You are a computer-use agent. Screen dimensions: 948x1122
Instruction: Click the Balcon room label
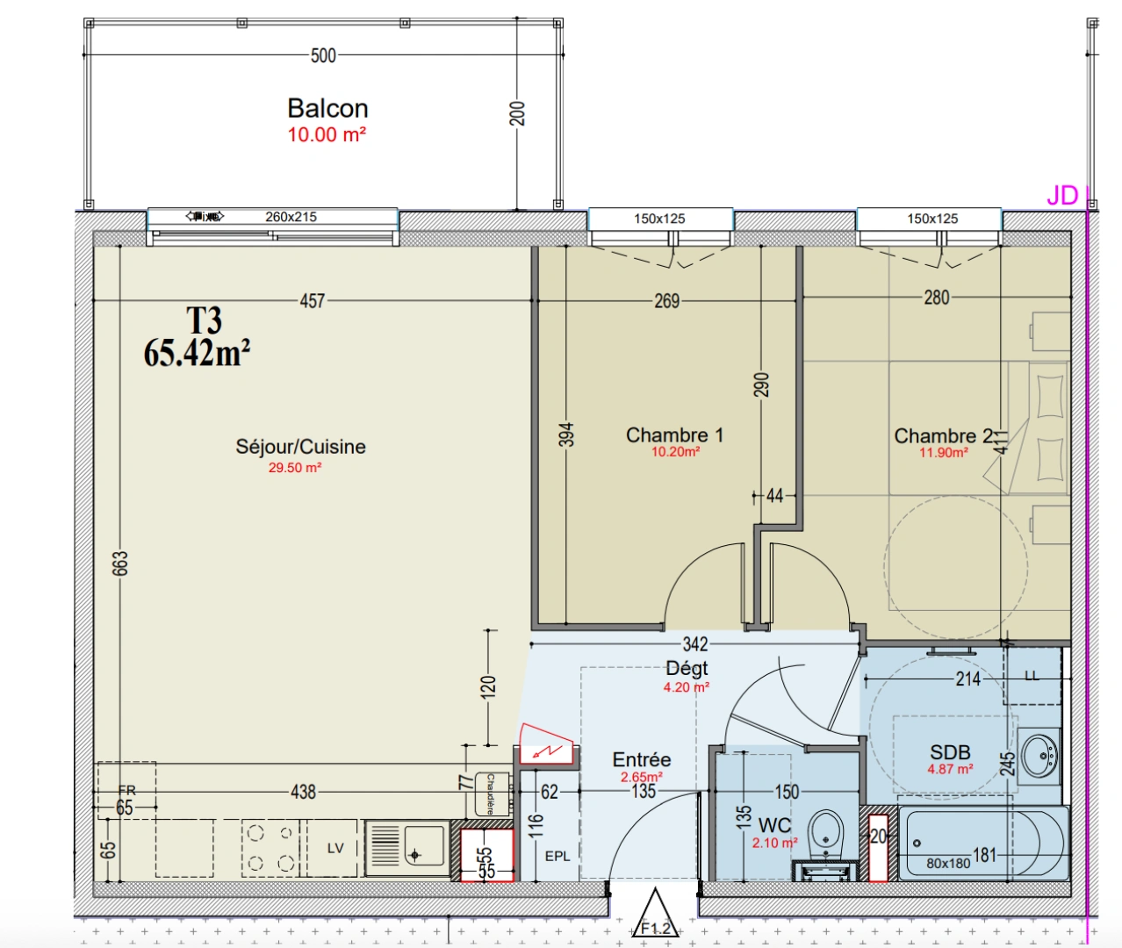click(327, 108)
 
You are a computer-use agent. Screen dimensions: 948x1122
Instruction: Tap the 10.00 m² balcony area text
click(327, 135)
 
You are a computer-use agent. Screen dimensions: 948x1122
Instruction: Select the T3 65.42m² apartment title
click(198, 338)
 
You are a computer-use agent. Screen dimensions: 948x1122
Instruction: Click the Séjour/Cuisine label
click(300, 447)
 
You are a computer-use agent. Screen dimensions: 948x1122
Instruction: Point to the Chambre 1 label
click(674, 435)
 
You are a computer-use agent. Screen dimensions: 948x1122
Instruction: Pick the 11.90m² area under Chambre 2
click(944, 453)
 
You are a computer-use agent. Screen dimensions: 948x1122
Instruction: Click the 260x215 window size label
click(291, 217)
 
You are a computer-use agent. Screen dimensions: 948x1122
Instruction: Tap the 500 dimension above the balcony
click(323, 55)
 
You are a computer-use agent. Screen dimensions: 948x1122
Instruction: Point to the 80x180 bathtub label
click(948, 863)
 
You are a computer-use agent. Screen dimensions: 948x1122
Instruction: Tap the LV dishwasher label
click(335, 848)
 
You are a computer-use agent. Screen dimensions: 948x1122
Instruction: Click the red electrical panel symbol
click(548, 744)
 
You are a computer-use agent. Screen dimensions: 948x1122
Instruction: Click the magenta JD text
click(1061, 196)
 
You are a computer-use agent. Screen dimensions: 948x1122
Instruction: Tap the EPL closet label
click(557, 856)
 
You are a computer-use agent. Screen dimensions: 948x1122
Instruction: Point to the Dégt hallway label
click(687, 668)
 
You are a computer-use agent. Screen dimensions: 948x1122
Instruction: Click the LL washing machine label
click(1032, 676)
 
